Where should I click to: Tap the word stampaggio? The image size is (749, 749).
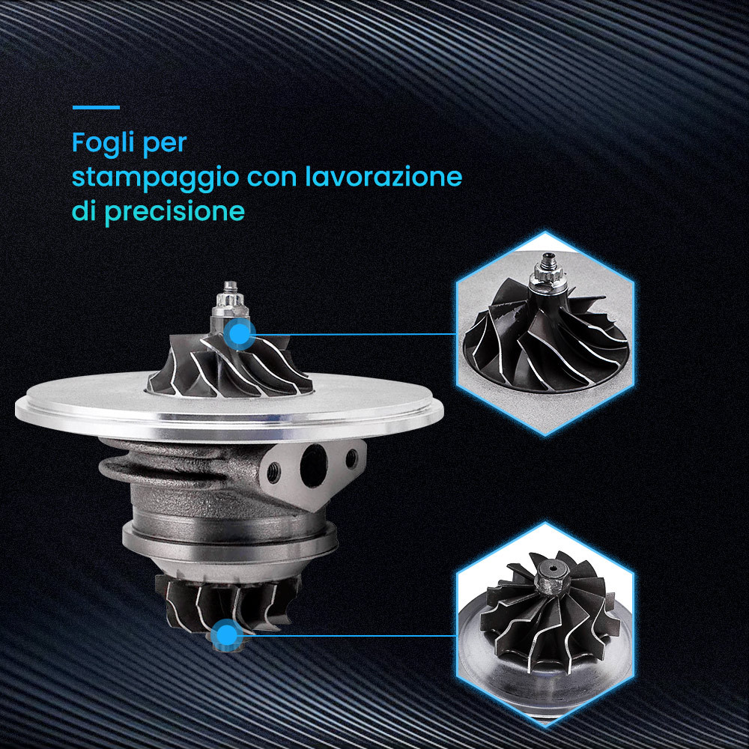(155, 178)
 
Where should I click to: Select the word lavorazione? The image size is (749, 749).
(383, 175)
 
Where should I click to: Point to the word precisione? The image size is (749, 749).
(175, 211)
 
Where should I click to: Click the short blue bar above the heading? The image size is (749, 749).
(96, 107)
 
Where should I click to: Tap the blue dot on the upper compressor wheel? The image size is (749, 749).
(240, 334)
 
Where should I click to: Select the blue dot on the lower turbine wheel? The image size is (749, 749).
(226, 635)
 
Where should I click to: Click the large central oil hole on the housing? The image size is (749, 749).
(313, 465)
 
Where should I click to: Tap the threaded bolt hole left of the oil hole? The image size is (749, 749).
(274, 473)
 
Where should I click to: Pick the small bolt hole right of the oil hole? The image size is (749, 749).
(351, 458)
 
